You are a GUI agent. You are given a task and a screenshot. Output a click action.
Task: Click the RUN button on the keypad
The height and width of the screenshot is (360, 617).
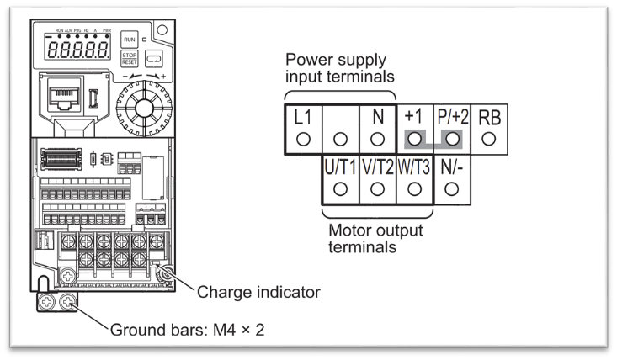click(x=130, y=40)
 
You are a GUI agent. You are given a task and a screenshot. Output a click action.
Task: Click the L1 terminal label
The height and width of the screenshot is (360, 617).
click(x=304, y=117)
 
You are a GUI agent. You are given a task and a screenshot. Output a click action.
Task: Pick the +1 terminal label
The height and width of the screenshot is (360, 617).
click(x=412, y=117)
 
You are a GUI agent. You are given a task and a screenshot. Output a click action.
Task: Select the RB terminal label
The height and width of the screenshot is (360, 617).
click(x=488, y=117)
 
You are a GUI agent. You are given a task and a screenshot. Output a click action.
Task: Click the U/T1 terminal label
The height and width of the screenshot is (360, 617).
click(x=341, y=166)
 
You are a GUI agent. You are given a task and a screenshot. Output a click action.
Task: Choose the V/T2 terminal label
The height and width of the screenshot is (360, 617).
click(x=377, y=166)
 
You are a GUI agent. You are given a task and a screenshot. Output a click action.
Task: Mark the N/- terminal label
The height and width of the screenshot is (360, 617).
click(x=450, y=166)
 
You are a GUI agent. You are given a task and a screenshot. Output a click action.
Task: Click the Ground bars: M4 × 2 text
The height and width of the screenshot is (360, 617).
click(x=187, y=329)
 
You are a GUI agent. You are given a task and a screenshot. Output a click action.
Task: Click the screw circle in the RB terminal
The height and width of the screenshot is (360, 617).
click(x=488, y=138)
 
